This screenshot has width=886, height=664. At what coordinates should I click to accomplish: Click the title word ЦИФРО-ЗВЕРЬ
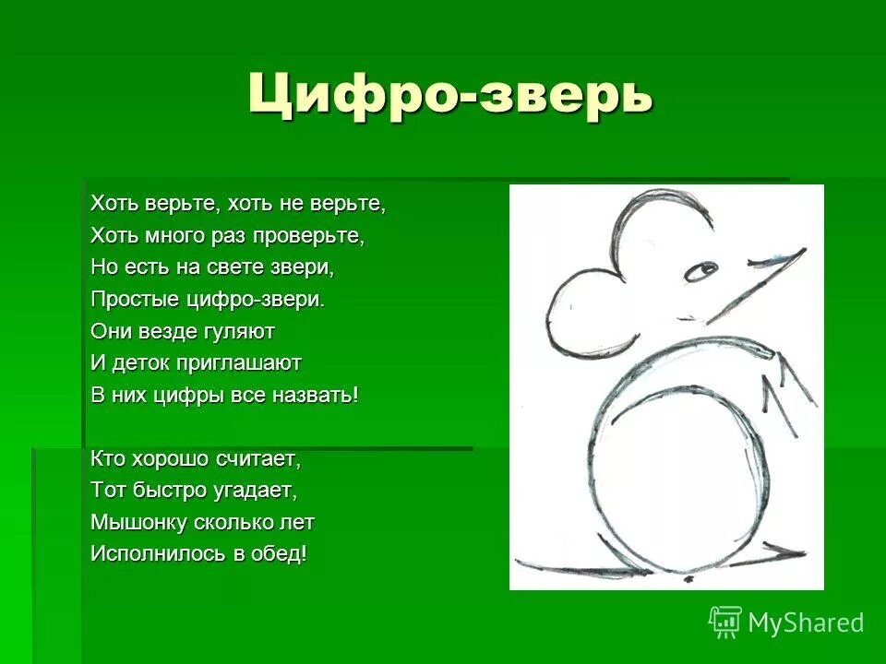(x=450, y=93)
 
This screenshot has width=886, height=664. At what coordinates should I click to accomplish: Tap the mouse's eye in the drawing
(x=702, y=270)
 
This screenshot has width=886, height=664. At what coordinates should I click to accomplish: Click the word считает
(x=257, y=457)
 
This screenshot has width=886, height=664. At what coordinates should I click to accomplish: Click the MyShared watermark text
(x=806, y=622)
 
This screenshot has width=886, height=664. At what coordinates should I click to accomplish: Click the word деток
(x=146, y=362)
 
